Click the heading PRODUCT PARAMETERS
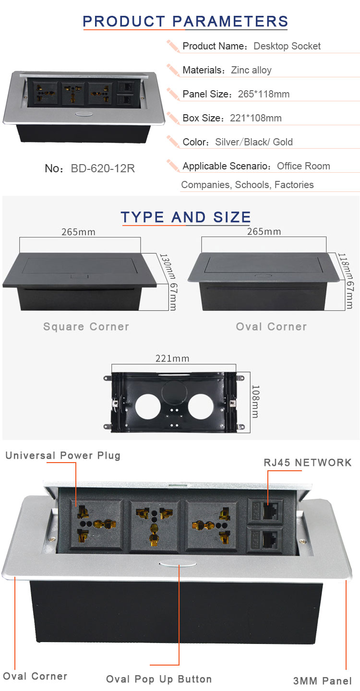coord(185,21)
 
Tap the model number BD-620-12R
coord(103,168)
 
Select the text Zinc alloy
coord(251,71)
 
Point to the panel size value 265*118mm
coord(264,94)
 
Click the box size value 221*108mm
coord(256,118)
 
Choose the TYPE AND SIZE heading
coord(186,217)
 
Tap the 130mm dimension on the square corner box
coord(168,267)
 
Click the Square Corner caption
coord(86,326)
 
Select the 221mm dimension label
coord(172,358)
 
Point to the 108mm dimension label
coord(256,401)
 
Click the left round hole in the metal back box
coord(148,407)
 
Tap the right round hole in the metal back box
coord(201,407)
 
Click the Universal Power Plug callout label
coord(63,455)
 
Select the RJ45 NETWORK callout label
coord(308,463)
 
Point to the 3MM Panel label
coord(323,681)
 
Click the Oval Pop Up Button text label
coord(159,679)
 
